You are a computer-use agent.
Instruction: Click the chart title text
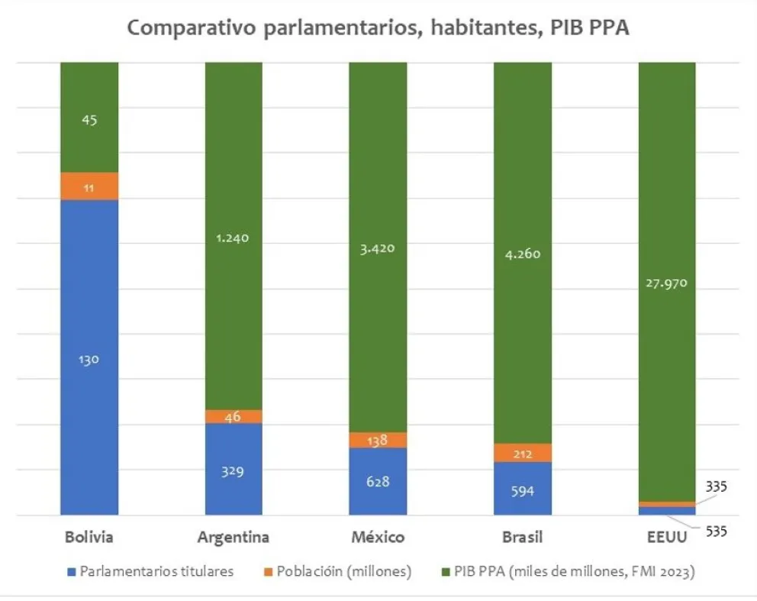pyautogui.click(x=378, y=27)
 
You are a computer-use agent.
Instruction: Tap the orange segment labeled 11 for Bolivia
pyautogui.click(x=89, y=186)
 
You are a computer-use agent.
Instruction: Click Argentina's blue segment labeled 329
pyautogui.click(x=234, y=470)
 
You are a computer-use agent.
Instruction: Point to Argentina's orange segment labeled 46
pyautogui.click(x=234, y=416)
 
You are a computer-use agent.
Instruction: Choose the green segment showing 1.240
pyautogui.click(x=234, y=237)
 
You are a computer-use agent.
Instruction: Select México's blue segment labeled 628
pyautogui.click(x=378, y=481)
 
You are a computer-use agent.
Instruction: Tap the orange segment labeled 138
pyautogui.click(x=378, y=440)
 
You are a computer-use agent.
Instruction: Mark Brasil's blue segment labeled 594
pyautogui.click(x=523, y=489)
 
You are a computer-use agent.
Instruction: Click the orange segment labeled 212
pyautogui.click(x=523, y=453)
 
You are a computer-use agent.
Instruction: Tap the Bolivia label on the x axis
pyautogui.click(x=89, y=537)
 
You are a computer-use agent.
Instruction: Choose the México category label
pyautogui.click(x=378, y=537)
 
